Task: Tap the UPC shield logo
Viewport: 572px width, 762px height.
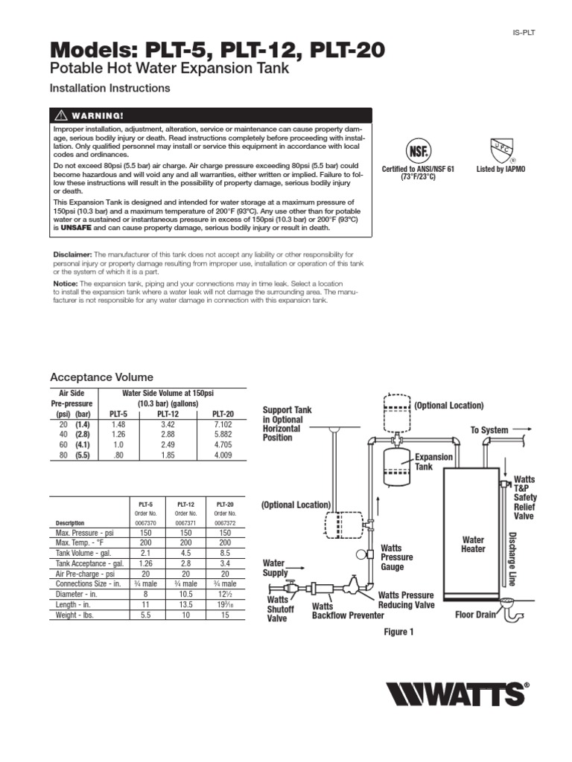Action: coord(500,147)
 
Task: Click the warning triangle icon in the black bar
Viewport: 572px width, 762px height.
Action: coord(58,115)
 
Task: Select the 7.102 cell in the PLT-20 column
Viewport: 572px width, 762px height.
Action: coord(223,424)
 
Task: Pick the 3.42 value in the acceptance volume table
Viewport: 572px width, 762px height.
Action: coord(168,424)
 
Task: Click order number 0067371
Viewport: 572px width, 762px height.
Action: coord(185,523)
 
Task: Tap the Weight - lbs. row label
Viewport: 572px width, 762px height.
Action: coord(74,617)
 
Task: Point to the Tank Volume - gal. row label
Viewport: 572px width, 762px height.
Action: coord(83,554)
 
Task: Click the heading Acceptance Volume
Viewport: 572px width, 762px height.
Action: coord(101,377)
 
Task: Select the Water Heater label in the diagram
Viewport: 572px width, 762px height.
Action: coord(473,545)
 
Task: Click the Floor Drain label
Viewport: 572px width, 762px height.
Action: coord(475,615)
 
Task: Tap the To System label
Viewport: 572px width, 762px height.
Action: coord(489,430)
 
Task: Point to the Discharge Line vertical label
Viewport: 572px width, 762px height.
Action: coord(512,559)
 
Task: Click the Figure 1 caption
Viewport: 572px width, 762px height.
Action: coord(398,632)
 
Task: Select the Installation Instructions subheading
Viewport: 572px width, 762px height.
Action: coord(109,88)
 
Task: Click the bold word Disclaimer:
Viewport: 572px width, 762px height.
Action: coord(72,254)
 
